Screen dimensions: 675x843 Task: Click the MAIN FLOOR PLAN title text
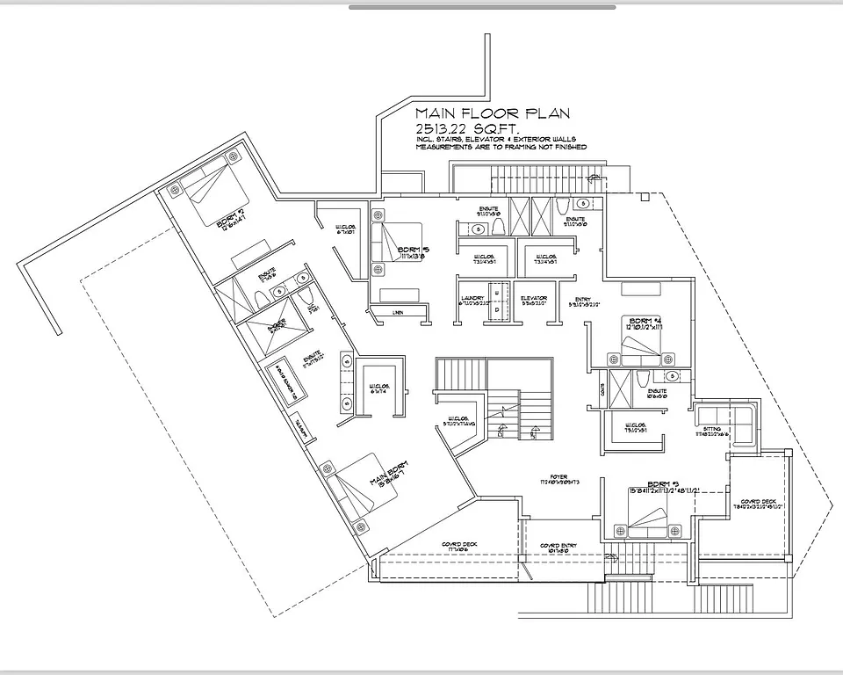click(x=492, y=113)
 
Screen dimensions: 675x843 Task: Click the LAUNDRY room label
click(x=472, y=299)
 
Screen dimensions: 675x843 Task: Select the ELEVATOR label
click(x=532, y=299)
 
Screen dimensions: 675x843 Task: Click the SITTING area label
click(x=712, y=431)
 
